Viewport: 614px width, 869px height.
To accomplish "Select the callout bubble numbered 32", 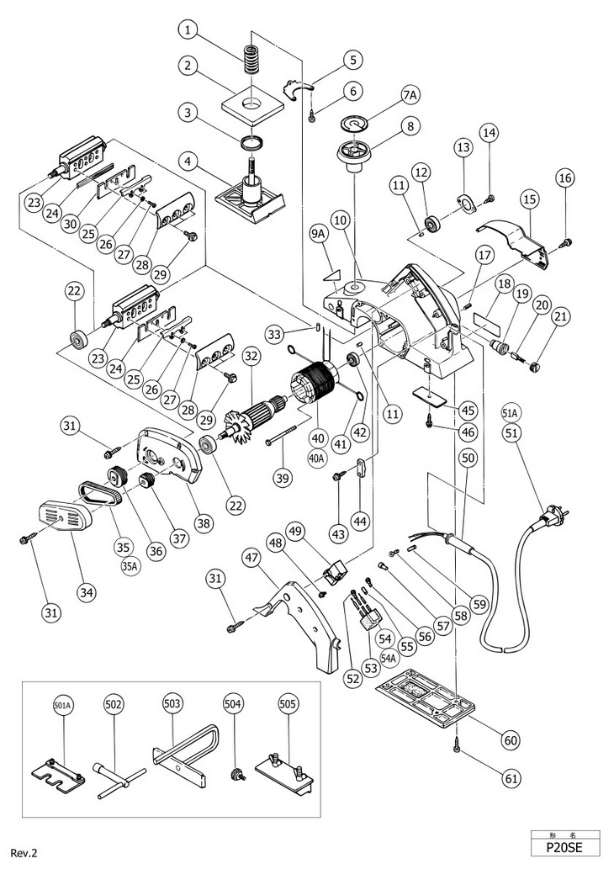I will pos(250,357).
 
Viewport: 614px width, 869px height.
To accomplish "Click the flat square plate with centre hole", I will pos(250,103).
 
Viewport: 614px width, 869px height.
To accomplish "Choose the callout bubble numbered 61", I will pos(511,778).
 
